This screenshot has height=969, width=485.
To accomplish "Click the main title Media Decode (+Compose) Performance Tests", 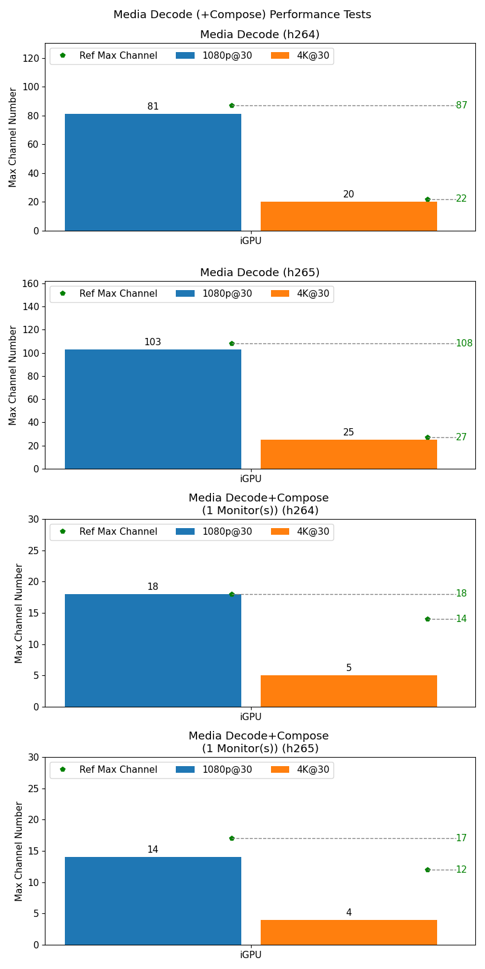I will pyautogui.click(x=242, y=15).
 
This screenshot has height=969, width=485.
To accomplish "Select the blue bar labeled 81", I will pyautogui.click(x=153, y=173).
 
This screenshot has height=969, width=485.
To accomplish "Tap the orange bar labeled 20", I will pyautogui.click(x=349, y=216).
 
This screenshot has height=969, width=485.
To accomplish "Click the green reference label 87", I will pyautogui.click(x=461, y=105).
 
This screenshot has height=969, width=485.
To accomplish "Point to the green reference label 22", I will pyautogui.click(x=461, y=199).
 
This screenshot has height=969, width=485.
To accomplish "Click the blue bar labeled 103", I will pyautogui.click(x=153, y=409).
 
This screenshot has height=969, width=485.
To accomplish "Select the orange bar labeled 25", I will pyautogui.click(x=349, y=454).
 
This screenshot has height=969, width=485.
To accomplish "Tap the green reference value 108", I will pyautogui.click(x=464, y=343).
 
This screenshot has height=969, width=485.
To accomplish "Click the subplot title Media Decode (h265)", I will pyautogui.click(x=259, y=273).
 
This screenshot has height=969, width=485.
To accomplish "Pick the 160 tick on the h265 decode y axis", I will pyautogui.click(x=32, y=283).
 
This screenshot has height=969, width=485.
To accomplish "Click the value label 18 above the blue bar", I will pyautogui.click(x=153, y=587).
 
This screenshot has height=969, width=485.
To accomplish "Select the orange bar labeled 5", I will pyautogui.click(x=349, y=691).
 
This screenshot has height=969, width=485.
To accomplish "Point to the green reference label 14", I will pyautogui.click(x=461, y=619).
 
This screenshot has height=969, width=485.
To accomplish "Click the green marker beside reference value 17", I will pyautogui.click(x=232, y=838).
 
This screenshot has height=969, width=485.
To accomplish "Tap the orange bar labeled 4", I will pyautogui.click(x=349, y=932).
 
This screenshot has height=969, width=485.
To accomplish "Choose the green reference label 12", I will pyautogui.click(x=461, y=870).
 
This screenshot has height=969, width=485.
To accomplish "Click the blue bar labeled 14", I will pyautogui.click(x=153, y=901).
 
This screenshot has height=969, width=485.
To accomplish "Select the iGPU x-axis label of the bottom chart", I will pyautogui.click(x=250, y=955).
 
